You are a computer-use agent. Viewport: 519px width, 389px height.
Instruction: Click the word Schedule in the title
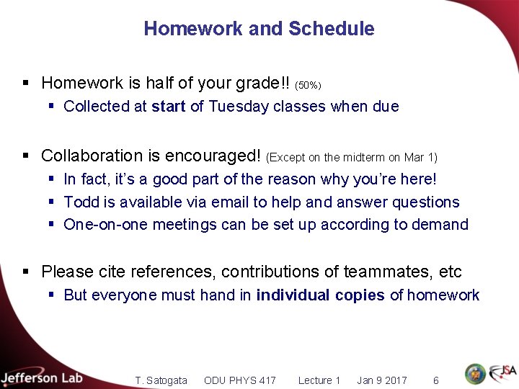(x=332, y=29)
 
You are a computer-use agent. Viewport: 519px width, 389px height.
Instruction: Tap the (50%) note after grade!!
(x=308, y=86)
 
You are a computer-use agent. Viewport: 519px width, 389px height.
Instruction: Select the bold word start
(x=169, y=107)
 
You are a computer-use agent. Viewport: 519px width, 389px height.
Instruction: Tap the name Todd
(x=80, y=202)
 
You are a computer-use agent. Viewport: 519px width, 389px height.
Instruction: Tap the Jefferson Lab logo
(x=42, y=377)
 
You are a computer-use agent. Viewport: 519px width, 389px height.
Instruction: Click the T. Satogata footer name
(x=161, y=380)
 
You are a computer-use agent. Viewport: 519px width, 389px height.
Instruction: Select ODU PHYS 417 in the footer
(x=240, y=380)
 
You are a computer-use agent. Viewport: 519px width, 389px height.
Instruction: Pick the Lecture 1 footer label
(x=319, y=380)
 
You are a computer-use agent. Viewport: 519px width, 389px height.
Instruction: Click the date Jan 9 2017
(x=382, y=380)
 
